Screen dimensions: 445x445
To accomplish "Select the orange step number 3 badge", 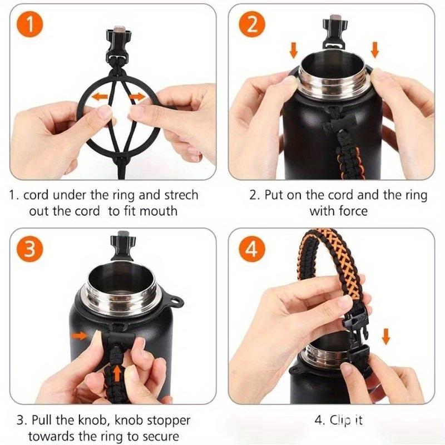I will (x=32, y=248).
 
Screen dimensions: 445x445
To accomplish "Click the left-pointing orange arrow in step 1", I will (x=100, y=97).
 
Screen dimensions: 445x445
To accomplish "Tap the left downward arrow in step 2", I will (x=294, y=51).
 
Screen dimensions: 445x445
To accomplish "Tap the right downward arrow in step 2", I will (x=374, y=51).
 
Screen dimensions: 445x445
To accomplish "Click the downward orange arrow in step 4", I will (x=385, y=336).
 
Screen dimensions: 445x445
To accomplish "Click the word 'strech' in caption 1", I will (x=179, y=196).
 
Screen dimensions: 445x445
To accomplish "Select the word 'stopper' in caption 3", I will (x=169, y=420).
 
